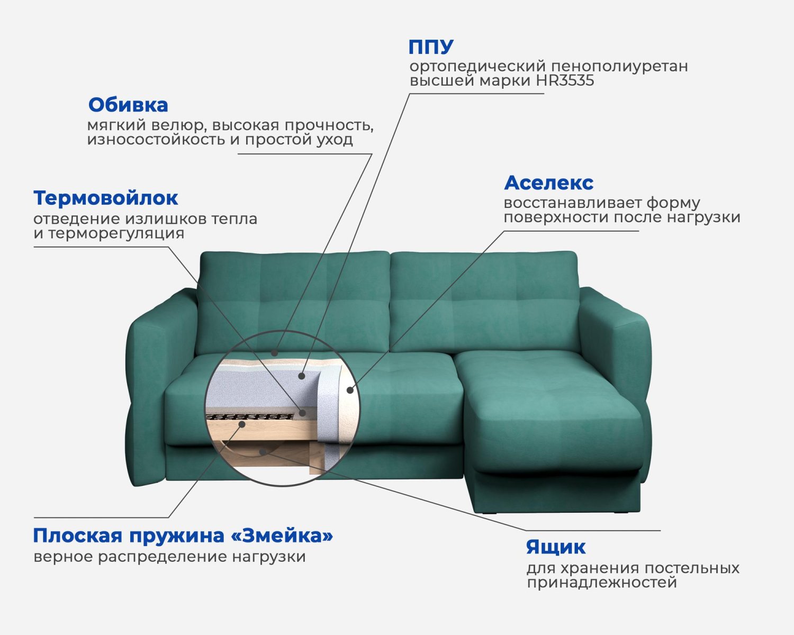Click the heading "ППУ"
[431, 47]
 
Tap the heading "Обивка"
[128, 105]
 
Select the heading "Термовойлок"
[105, 198]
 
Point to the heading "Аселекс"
[548, 183]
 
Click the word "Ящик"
[556, 547]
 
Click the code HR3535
[565, 80]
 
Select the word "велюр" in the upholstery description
[173, 125]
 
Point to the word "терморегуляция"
[116, 233]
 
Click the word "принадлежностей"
[601, 583]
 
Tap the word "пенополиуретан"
[619, 67]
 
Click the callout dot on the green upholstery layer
[274, 353]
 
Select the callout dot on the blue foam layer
[301, 376]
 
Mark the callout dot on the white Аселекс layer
[350, 390]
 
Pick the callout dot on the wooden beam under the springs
[242, 424]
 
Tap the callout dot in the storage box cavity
[263, 451]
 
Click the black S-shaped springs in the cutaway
[251, 417]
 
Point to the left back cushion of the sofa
[293, 301]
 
